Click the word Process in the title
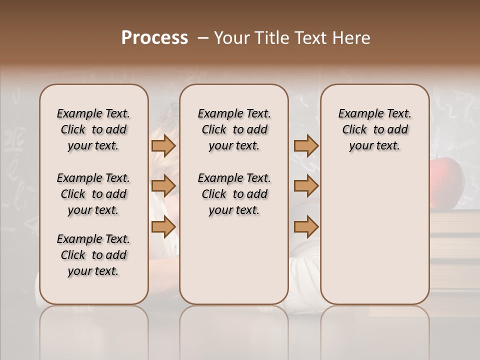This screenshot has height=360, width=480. point(154,38)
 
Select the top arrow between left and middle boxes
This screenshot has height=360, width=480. point(163,145)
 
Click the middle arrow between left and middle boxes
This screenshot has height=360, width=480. point(163,186)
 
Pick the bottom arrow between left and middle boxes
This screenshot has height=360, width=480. point(163,226)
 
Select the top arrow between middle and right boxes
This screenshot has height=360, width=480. point(306,145)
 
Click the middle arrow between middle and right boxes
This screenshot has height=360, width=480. point(306,186)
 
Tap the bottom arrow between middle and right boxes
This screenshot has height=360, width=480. point(306,226)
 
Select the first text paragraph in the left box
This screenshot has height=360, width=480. point(93,129)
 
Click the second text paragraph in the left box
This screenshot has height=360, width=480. point(93,194)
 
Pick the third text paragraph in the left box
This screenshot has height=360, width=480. point(93,255)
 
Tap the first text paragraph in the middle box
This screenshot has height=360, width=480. point(234,129)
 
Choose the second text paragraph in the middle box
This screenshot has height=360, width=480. point(234,194)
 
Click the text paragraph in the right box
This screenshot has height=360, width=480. point(374,129)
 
